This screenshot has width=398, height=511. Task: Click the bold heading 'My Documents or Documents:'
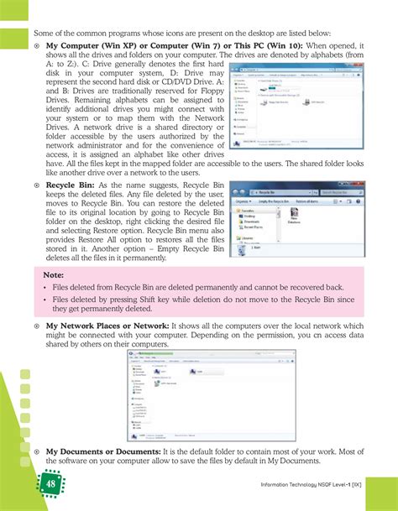(x=100, y=451)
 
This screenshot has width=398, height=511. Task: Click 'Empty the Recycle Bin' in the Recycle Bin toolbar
(x=279, y=201)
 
